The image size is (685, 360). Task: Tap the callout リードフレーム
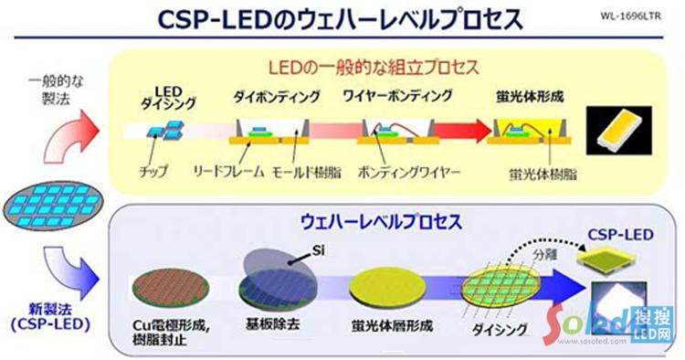(x=227, y=171)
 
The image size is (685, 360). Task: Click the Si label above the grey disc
(x=316, y=249)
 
